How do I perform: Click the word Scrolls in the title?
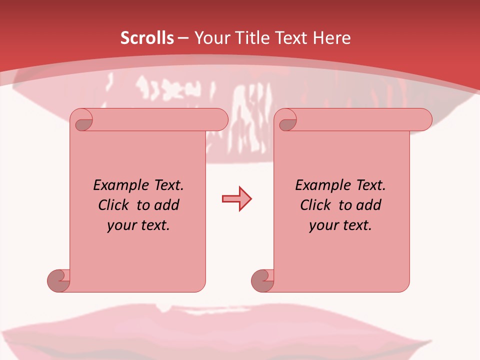pyautogui.click(x=147, y=38)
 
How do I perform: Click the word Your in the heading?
pyautogui.click(x=209, y=38)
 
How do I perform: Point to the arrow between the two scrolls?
pyautogui.click(x=236, y=199)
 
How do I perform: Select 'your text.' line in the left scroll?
pyautogui.click(x=138, y=225)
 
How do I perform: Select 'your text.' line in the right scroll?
pyautogui.click(x=340, y=225)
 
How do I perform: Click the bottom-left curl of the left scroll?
pyautogui.click(x=58, y=280)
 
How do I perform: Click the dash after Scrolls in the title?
pyautogui.click(x=183, y=38)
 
